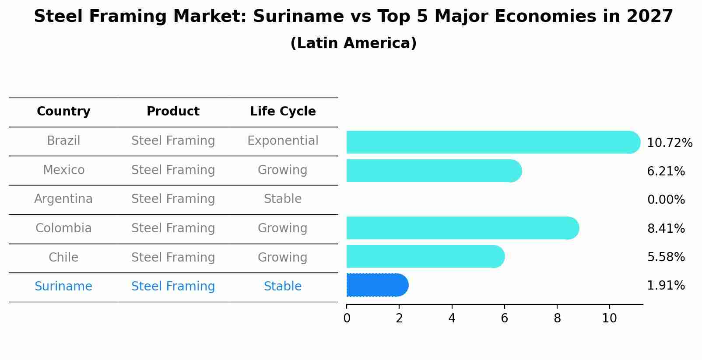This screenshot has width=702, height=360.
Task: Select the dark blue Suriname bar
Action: pos(377,285)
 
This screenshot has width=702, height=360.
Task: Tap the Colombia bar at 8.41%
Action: pos(462,228)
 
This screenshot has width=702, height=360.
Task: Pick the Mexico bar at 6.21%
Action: pos(433,171)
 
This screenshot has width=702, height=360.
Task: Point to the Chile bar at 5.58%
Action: pos(425,256)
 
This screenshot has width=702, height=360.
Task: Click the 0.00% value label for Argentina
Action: pos(666,200)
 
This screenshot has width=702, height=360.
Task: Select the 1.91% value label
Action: pos(666,286)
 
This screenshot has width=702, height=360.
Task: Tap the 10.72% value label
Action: pos(669,143)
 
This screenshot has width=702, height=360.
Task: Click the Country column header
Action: pos(63,112)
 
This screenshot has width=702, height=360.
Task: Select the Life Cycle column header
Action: pos(283,112)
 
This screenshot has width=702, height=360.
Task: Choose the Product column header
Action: pos(173,112)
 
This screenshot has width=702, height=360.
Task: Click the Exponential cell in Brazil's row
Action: pos(283,141)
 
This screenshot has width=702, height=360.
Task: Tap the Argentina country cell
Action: pos(63,199)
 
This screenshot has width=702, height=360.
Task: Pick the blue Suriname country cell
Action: pos(63,287)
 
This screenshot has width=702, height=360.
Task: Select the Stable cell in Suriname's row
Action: pos(283,287)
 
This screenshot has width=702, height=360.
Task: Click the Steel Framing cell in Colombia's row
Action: pos(173,228)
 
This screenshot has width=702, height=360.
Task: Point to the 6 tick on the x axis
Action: pos(504,318)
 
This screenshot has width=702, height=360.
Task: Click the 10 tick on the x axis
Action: pos(609,318)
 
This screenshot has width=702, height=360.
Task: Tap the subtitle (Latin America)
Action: pos(353,43)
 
